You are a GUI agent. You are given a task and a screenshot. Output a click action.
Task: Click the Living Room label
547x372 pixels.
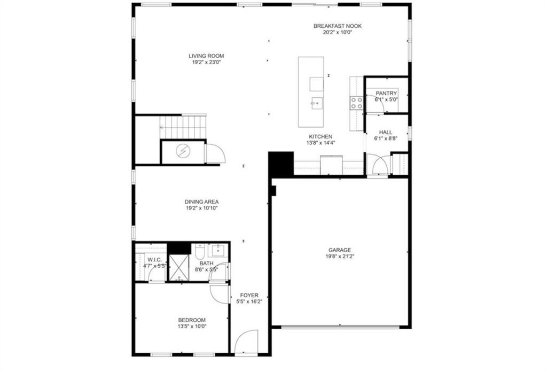tap(206, 56)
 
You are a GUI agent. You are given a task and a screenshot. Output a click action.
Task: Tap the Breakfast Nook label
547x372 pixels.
tap(338, 26)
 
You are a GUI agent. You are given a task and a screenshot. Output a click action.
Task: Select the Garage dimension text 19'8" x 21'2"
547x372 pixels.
tap(340, 257)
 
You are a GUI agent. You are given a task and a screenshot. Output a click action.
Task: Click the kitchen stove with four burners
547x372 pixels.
tap(356, 103)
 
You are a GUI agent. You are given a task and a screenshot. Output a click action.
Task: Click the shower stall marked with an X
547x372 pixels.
tap(179, 268)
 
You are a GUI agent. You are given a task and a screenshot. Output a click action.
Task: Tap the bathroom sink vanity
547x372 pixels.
tap(218, 250)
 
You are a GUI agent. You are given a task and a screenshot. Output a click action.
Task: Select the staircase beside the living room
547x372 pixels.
tap(183, 127)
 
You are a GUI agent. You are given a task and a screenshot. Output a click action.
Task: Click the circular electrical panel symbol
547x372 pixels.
tap(183, 151)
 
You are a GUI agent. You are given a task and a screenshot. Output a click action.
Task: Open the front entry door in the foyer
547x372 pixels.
tap(246, 342)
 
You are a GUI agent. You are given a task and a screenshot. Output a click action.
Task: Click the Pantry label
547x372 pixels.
tap(386, 93)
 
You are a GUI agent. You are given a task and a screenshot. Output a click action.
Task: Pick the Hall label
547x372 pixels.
tap(386, 132)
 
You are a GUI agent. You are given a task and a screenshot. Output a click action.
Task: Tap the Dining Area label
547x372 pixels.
tap(201, 201)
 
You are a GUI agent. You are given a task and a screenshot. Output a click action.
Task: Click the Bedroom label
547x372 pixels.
tap(192, 320)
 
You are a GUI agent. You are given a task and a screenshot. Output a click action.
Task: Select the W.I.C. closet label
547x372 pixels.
tap(154, 260)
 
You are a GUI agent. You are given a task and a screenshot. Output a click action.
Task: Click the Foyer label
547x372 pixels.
tap(249, 295)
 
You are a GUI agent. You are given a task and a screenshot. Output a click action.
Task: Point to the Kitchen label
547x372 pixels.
tap(321, 136)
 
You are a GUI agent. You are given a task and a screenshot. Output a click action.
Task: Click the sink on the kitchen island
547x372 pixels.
tap(317, 103)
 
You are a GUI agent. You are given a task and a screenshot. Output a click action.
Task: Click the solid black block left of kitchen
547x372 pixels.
tap(281, 165)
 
